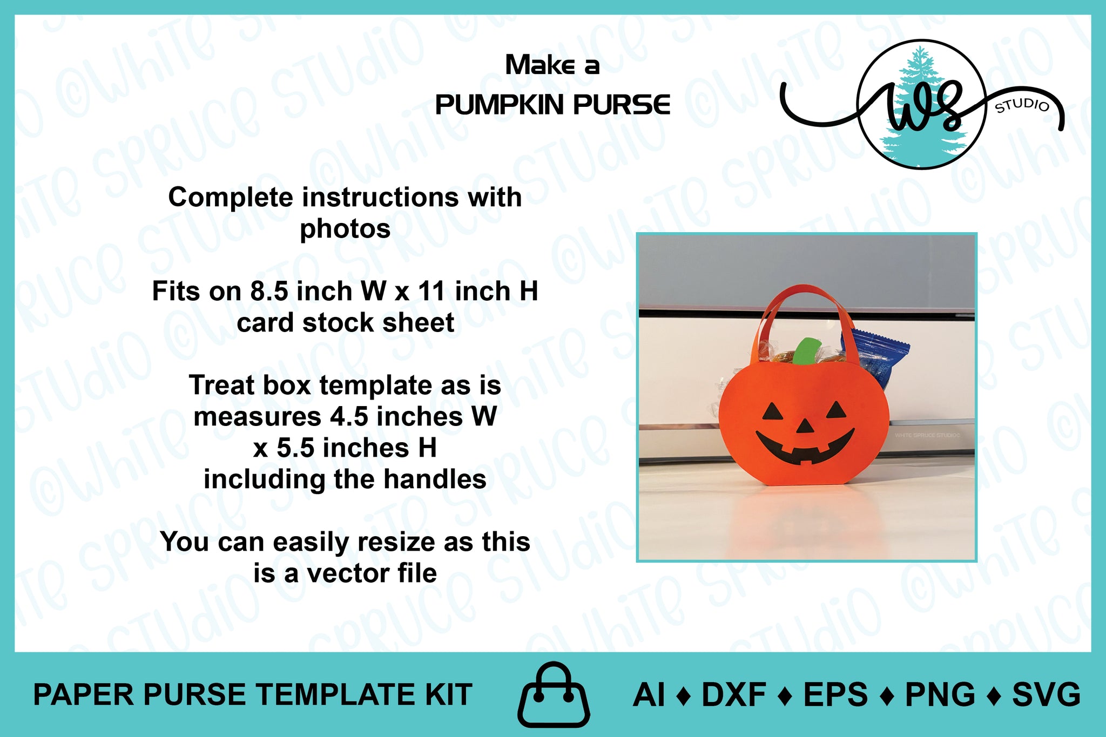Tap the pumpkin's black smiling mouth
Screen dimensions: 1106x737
805,446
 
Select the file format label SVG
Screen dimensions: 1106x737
1046,694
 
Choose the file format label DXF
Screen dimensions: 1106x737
733,694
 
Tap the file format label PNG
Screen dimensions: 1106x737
940,694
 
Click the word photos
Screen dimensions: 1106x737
345,229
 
